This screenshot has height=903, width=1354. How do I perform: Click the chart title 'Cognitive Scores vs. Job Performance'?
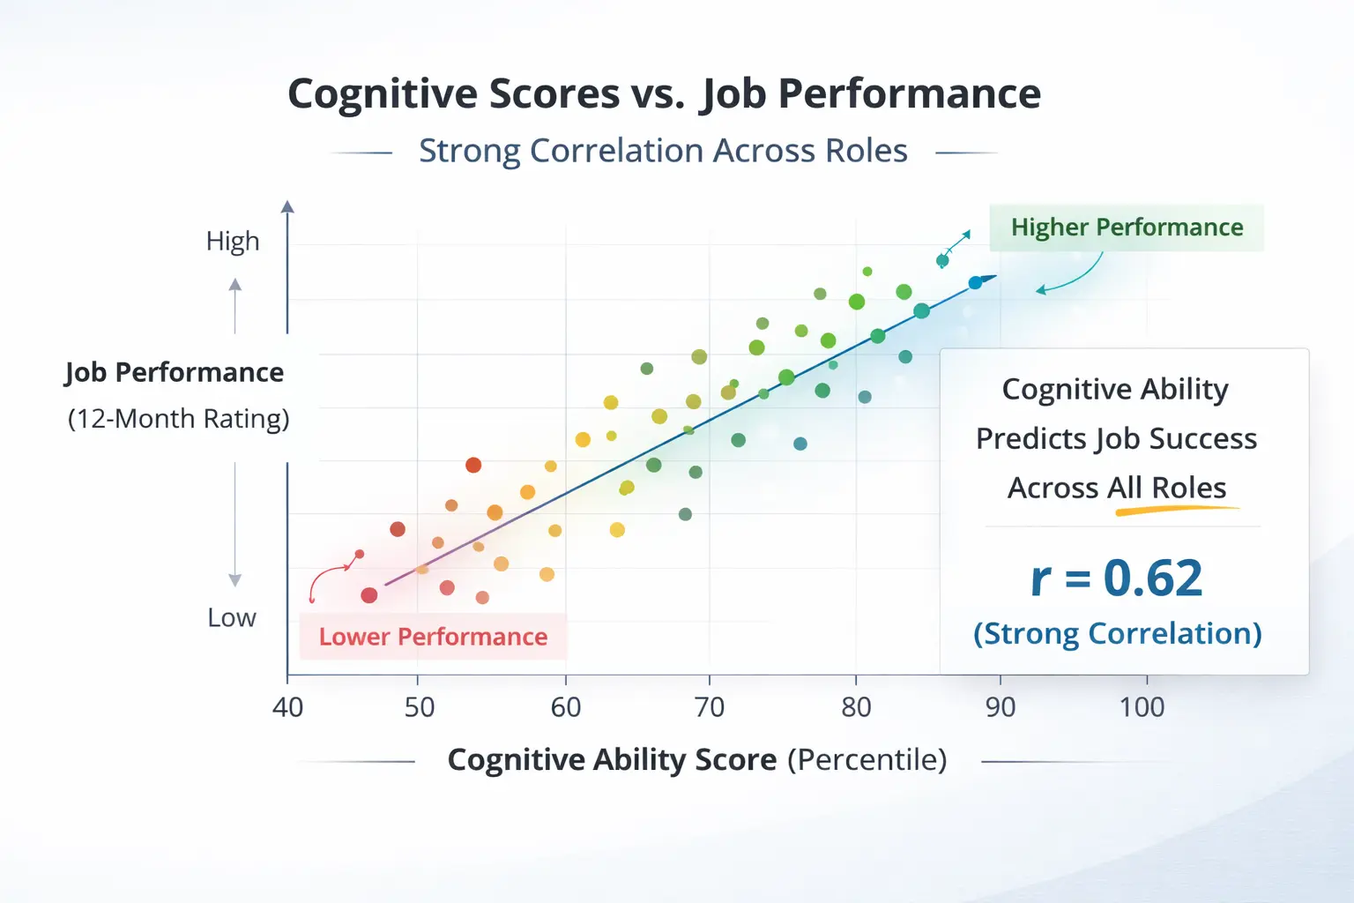pos(664,93)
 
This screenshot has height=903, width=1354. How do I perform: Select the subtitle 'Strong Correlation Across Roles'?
pos(663,151)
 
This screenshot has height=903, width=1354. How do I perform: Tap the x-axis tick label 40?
pos(287,707)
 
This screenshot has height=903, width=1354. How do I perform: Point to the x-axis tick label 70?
pos(709,707)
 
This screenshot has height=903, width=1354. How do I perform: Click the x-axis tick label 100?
pos(1142,707)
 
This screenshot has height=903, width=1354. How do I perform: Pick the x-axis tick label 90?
pos(1000,707)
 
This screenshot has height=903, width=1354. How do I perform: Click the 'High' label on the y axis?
pos(233,241)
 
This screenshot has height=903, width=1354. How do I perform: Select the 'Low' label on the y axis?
pos(232,617)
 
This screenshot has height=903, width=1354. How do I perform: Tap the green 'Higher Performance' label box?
pos(1127,228)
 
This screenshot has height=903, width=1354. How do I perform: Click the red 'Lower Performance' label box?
pos(433,637)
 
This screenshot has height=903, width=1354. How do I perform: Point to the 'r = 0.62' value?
pos(1116,578)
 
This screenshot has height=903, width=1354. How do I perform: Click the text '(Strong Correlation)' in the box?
pos(1117,633)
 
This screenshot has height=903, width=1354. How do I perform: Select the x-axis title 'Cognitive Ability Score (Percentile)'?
pos(696,759)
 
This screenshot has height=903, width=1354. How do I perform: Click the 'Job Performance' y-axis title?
pos(175,372)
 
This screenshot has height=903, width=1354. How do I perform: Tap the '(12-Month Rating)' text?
pos(178,418)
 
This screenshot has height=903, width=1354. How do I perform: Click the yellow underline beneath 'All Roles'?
pos(1177,510)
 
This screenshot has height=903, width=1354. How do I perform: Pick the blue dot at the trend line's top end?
pos(975,283)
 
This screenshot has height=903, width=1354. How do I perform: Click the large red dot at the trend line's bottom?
pos(369,595)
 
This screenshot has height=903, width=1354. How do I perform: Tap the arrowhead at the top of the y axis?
pos(287,207)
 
